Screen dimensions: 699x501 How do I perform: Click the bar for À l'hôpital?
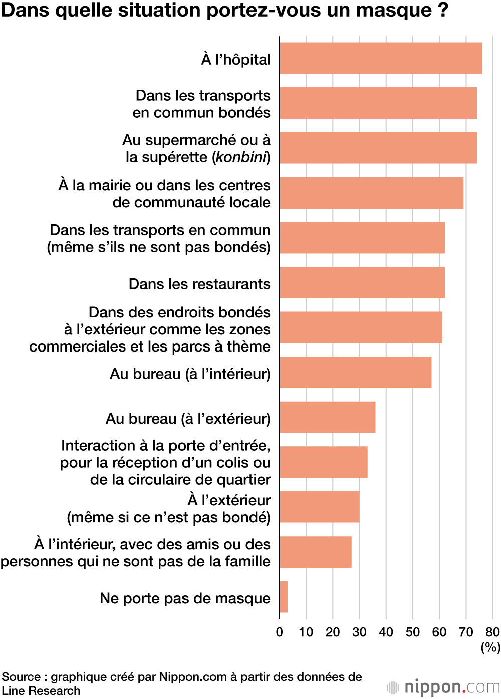click(380, 58)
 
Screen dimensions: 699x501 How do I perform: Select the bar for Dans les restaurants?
click(362, 282)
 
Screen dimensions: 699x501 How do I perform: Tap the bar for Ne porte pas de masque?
click(284, 597)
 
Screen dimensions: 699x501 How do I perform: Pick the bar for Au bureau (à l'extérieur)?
click(327, 417)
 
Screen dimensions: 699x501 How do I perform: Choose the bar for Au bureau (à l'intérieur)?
click(355, 372)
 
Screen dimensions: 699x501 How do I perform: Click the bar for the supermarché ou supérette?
click(378, 148)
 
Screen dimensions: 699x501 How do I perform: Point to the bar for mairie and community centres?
click(371, 193)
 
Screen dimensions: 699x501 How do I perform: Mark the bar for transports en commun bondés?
click(378, 103)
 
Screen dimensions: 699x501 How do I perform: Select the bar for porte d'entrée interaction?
click(323, 462)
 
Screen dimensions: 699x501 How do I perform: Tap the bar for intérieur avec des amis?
click(315, 552)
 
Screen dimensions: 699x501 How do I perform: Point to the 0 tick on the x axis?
click(280, 632)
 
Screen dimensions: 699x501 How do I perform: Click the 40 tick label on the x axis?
click(386, 632)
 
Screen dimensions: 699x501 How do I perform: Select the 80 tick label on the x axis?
click(492, 632)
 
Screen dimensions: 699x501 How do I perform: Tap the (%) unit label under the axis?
click(490, 647)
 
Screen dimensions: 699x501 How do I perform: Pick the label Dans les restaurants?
click(199, 284)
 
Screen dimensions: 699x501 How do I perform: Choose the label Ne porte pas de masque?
click(185, 598)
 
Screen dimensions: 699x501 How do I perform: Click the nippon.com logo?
click(444, 687)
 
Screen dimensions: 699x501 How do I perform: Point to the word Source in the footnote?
click(21, 677)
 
